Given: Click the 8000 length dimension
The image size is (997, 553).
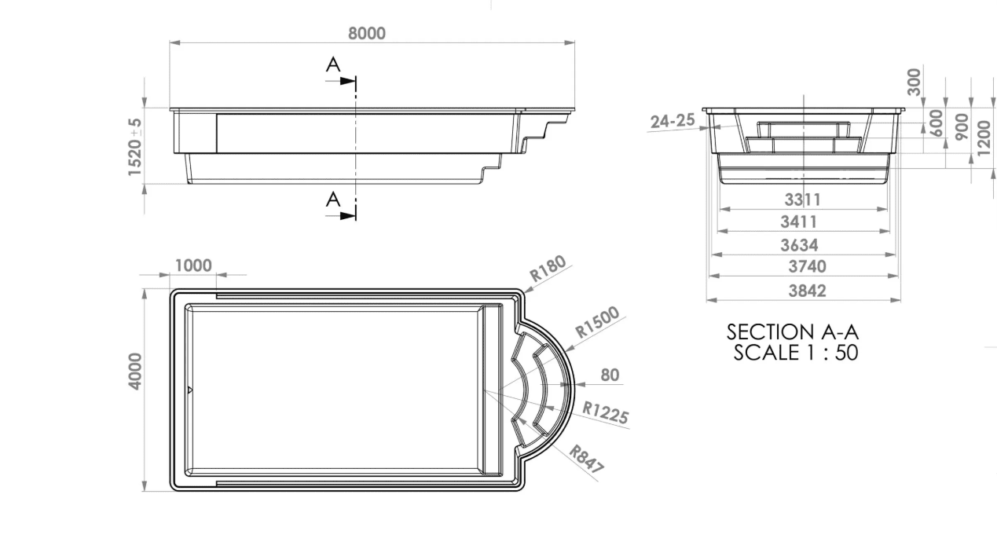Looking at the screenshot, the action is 367,33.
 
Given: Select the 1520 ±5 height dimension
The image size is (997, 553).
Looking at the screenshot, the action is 135,147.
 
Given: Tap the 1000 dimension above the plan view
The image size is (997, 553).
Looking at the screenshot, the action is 193,266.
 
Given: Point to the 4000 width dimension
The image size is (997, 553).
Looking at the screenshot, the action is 135,372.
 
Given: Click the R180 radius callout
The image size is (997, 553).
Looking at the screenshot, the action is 548,269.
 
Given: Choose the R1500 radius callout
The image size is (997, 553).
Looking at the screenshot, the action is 597,321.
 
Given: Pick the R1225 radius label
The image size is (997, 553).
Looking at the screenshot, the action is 606,413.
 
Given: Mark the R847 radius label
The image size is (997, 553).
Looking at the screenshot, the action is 587,459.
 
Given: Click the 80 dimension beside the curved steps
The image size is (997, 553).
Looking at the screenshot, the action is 610,375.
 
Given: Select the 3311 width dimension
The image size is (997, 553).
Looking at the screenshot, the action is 802,200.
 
